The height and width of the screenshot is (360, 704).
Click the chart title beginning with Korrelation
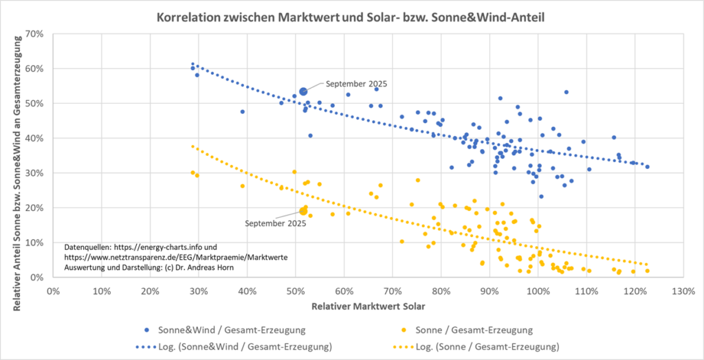pos(351,14)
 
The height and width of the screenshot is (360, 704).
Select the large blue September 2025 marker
pos(303,91)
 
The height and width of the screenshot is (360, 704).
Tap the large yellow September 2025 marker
pos(303,211)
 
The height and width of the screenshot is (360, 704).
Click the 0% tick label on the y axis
pos(37,278)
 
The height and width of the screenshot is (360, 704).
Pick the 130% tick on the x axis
pos(683,290)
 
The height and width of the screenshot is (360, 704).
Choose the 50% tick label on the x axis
pos(296,290)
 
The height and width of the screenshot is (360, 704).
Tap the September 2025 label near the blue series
pos(357,84)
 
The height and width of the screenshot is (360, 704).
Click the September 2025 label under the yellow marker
pos(276,223)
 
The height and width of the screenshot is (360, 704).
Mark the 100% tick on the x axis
pos(538,290)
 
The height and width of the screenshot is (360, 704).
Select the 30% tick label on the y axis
pos(35,173)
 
